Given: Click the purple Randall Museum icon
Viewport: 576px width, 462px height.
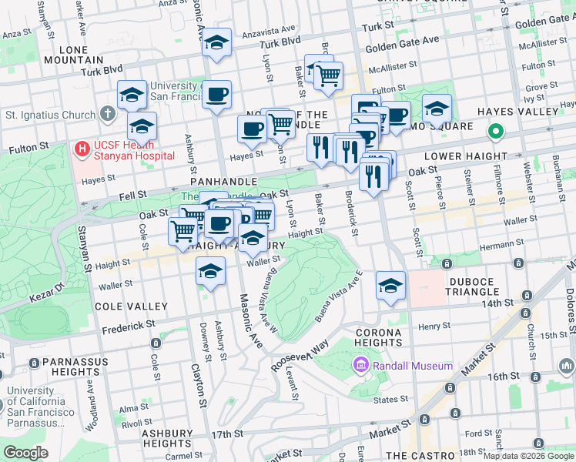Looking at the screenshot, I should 360,365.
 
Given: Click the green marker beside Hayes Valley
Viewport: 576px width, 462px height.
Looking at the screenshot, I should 497,132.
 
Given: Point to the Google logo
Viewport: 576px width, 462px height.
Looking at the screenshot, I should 26,452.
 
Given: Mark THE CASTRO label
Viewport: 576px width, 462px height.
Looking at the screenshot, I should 417,456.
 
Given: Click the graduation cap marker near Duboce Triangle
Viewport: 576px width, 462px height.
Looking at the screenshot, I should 390,285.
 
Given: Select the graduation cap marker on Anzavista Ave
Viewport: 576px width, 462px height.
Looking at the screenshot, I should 216,42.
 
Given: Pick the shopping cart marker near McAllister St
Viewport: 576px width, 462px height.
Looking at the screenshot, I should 329,75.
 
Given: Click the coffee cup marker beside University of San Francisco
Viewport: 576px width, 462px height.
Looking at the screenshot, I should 216,95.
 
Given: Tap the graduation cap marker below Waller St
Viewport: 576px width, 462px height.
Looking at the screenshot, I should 210,270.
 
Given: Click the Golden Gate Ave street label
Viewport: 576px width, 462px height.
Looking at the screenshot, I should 402,40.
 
